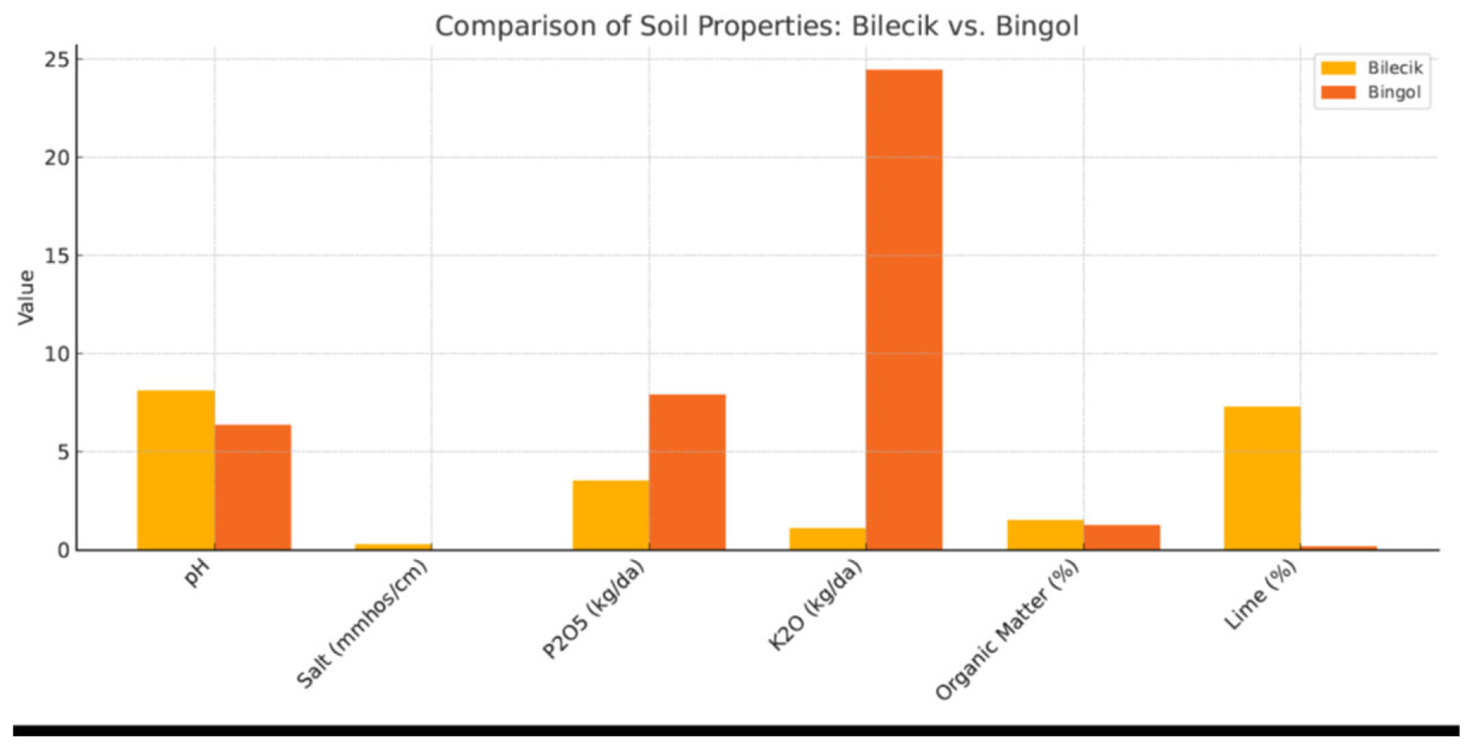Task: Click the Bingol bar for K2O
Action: pos(903,309)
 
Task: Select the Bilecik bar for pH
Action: pos(176,470)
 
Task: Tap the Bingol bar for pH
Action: pos(253,487)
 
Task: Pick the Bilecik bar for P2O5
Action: pos(610,515)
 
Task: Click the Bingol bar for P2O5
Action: pos(687,472)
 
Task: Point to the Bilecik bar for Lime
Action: pos(1262,478)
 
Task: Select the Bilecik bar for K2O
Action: pos(827,539)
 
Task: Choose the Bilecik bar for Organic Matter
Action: pos(1045,535)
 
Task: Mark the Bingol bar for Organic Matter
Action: pos(1122,537)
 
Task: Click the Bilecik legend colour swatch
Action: pos(1338,68)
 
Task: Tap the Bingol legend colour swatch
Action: pos(1338,93)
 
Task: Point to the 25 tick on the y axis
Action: pos(57,60)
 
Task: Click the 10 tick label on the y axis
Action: pos(57,354)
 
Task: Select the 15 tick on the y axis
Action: pos(57,256)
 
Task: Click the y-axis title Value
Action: pos(26,297)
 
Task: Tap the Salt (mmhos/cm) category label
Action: pos(363,624)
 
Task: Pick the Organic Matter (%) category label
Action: pos(1007,630)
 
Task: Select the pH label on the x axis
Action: pos(196,574)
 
